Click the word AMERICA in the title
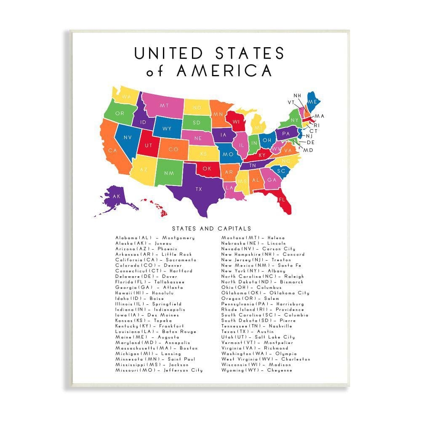[224, 70]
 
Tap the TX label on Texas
[199, 189]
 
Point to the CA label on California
[112, 150]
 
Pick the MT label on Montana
[164, 105]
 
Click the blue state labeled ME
[313, 102]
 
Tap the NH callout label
[297, 96]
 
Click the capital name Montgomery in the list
[178, 238]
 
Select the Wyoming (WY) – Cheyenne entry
[257, 370]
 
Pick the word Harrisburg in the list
[291, 304]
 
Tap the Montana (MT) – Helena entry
[253, 238]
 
